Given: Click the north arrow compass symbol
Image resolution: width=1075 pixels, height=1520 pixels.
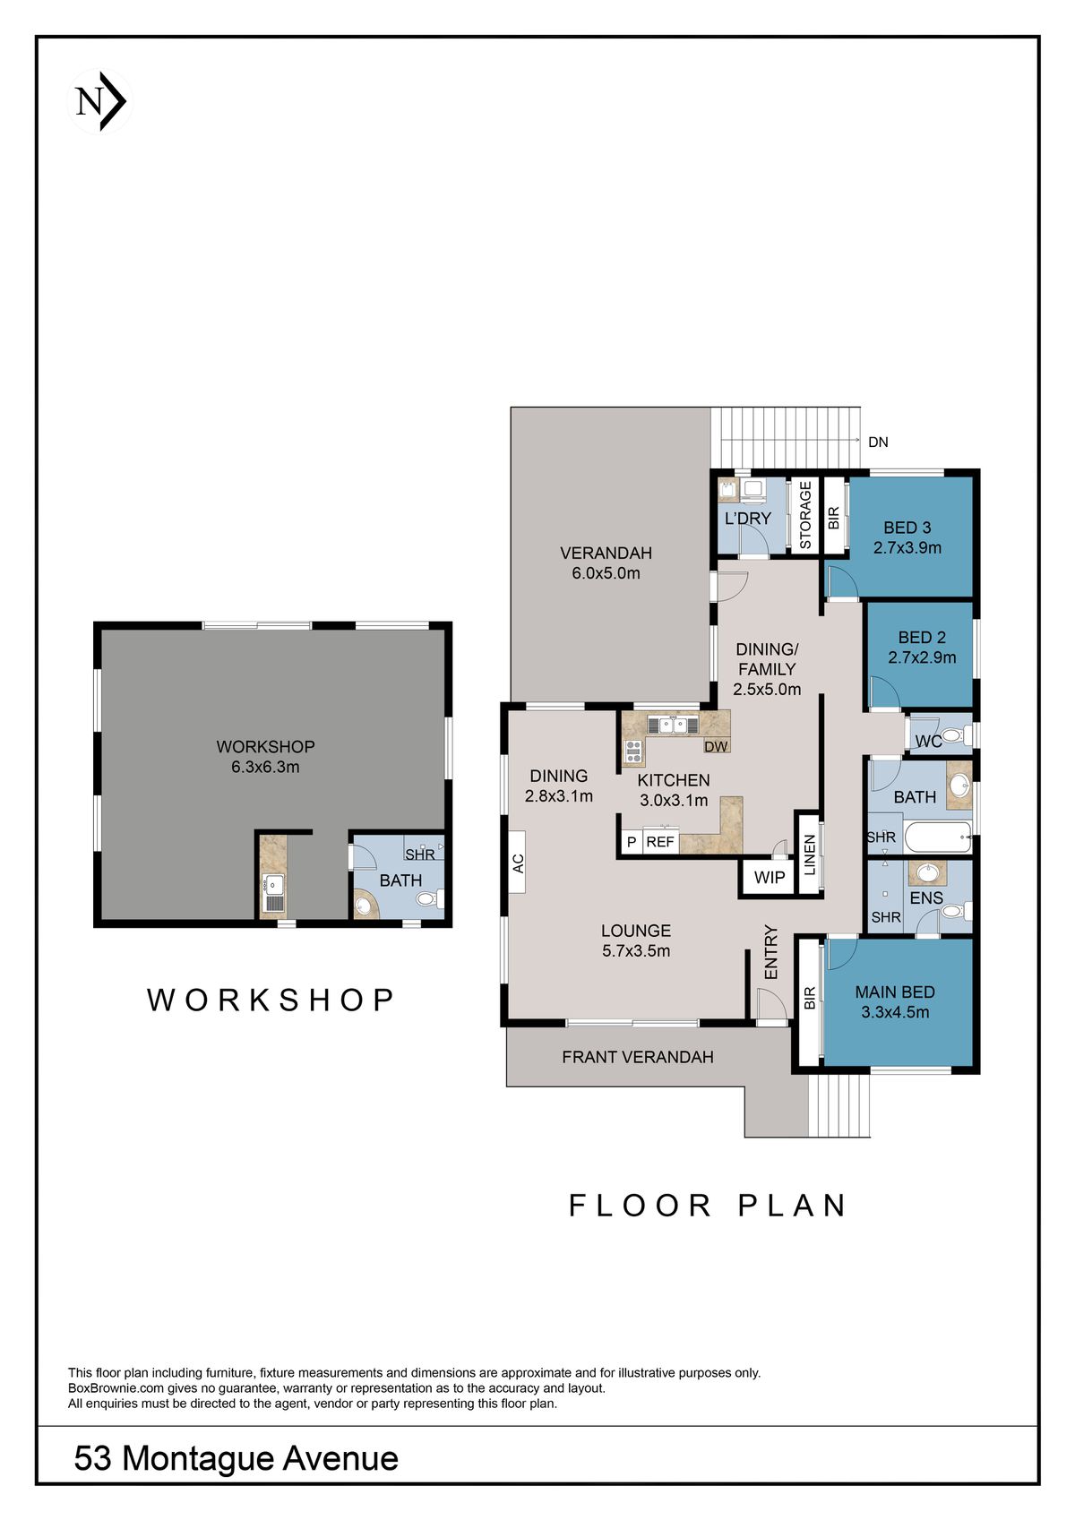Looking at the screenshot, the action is [100, 102].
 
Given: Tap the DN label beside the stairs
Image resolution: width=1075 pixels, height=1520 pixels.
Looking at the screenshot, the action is [878, 442].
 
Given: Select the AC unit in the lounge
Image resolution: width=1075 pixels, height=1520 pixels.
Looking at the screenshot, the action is [517, 863].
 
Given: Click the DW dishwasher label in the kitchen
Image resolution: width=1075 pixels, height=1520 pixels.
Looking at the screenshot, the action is [715, 746].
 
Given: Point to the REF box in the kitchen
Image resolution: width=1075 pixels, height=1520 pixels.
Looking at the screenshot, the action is [660, 842].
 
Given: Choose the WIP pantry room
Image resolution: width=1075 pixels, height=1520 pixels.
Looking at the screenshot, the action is [769, 878].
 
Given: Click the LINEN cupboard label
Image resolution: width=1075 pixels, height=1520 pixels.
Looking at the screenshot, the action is [809, 855].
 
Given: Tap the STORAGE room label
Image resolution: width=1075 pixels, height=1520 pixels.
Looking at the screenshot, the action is [805, 515].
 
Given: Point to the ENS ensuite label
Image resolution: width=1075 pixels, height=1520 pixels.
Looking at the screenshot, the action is [926, 897].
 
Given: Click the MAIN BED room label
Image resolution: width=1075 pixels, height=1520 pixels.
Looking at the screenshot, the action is [894, 992].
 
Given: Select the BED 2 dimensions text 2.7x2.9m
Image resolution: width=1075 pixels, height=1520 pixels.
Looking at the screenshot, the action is [922, 657].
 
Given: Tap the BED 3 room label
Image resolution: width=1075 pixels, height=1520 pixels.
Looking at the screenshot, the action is [907, 528].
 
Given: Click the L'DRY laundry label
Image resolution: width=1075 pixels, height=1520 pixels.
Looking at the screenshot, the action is [748, 519].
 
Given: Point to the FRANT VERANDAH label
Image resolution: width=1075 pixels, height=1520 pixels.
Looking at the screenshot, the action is [637, 1057].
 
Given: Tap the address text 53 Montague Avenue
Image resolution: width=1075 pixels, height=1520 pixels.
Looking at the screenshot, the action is [236, 1457].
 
